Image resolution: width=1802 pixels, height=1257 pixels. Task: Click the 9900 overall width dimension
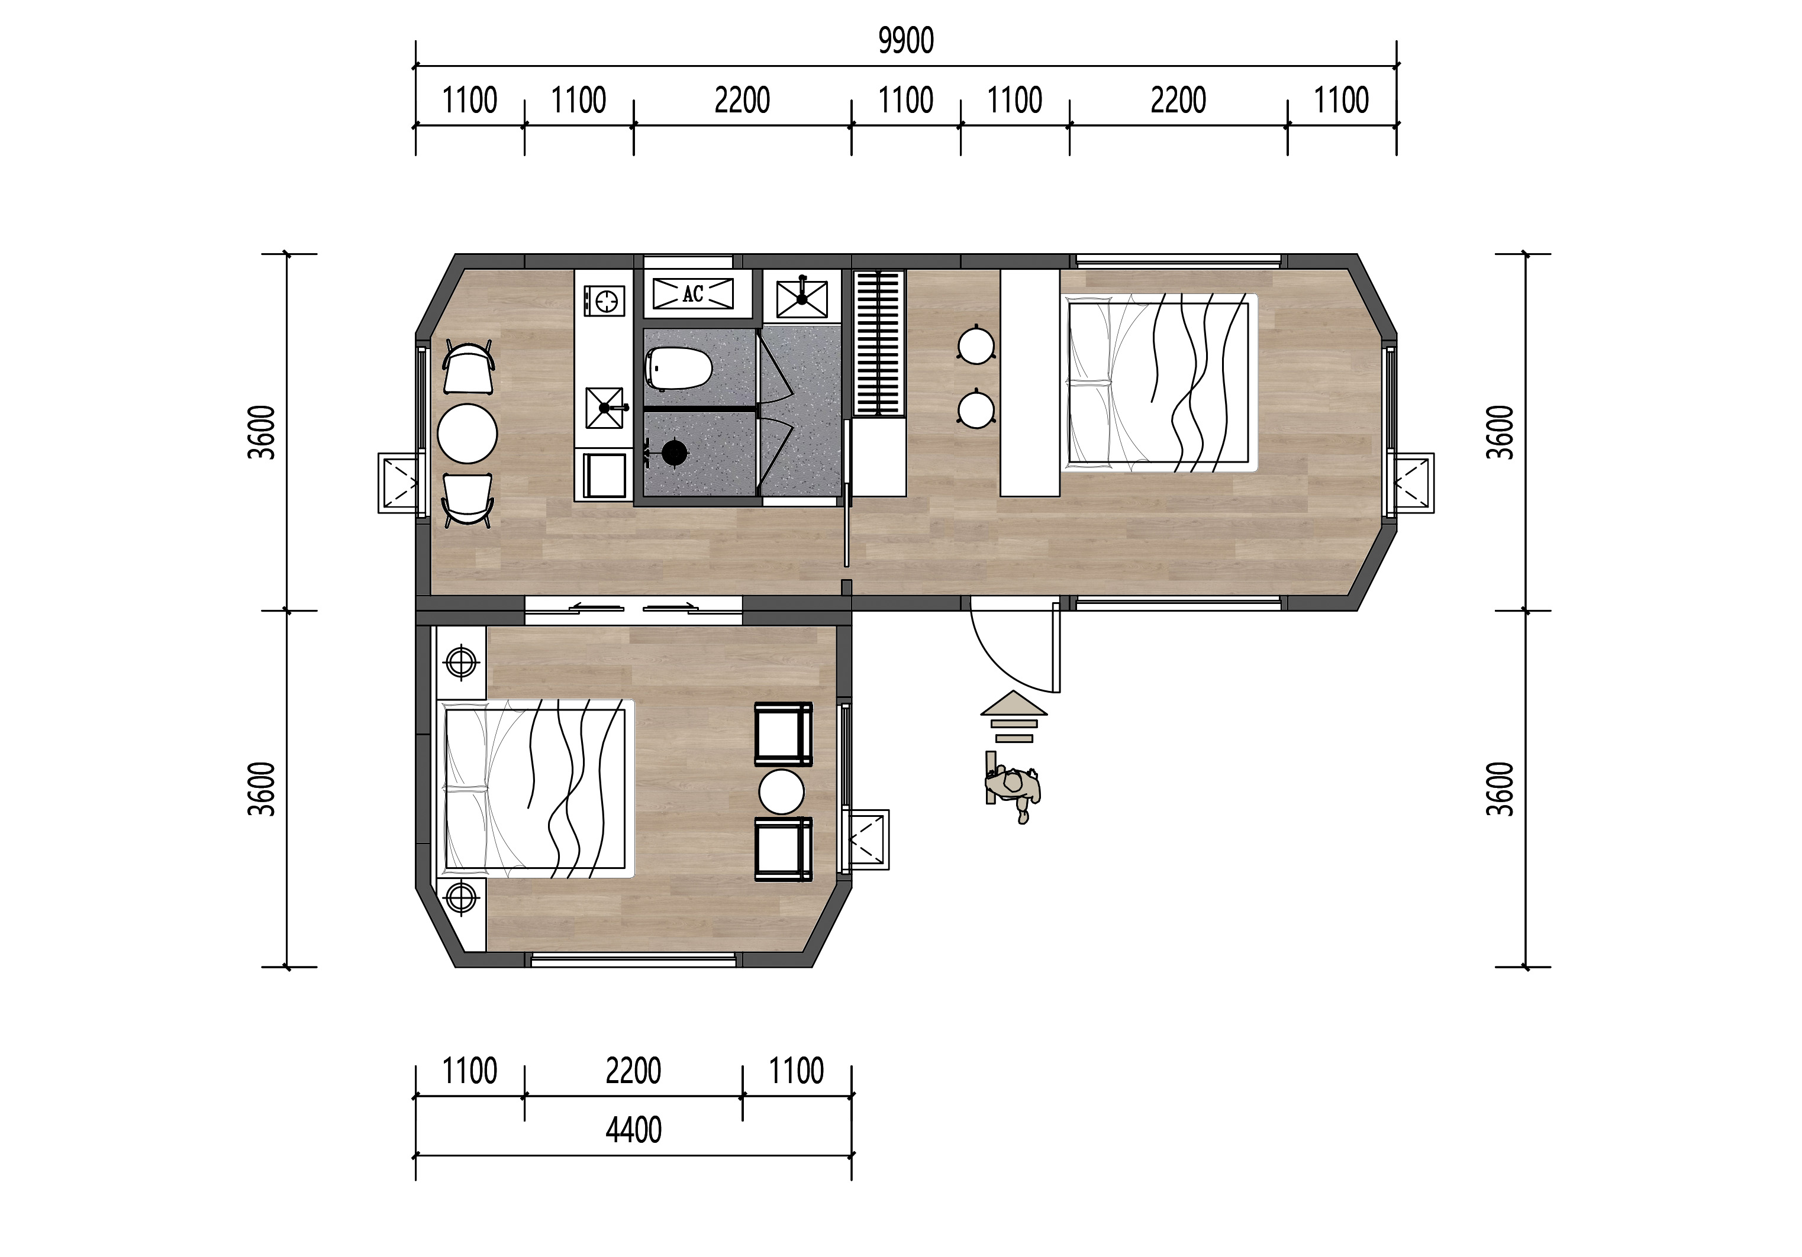tap(905, 41)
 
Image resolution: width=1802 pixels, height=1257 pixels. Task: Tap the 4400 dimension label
tap(633, 1130)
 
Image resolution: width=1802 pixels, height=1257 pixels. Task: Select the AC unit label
tap(693, 294)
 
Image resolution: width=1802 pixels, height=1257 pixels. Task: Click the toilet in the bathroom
tap(679, 369)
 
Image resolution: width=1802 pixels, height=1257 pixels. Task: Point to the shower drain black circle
tap(674, 452)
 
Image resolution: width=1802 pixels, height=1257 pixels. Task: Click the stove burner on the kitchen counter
tap(604, 300)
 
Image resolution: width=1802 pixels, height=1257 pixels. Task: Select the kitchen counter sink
tap(604, 408)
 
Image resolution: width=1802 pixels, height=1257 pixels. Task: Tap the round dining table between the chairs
tap(467, 434)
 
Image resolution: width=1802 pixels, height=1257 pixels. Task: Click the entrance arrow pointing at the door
tap(1013, 716)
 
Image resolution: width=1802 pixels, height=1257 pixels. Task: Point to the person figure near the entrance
tap(1013, 786)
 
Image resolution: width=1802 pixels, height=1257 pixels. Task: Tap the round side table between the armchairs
tap(782, 791)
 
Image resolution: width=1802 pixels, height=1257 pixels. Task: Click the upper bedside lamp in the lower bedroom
tap(462, 663)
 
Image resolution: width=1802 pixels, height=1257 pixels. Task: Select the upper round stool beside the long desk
tap(976, 345)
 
